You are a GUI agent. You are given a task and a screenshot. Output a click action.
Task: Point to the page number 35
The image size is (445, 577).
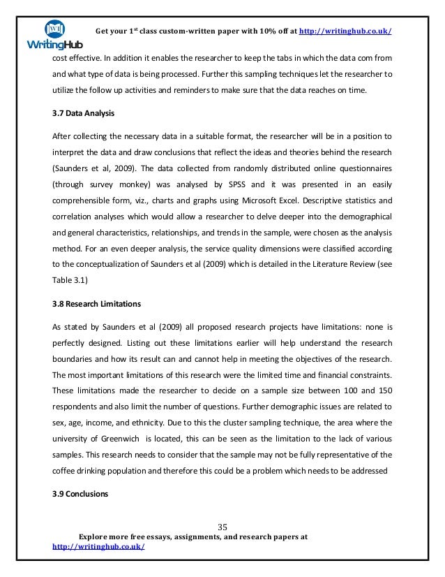[223, 526]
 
